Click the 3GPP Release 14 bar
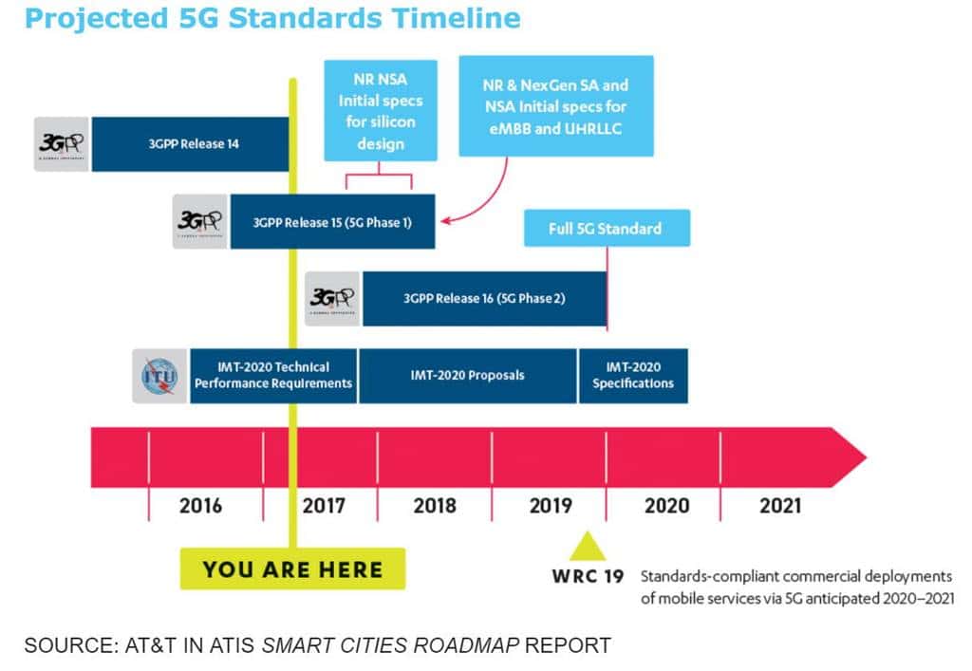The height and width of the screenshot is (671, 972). (x=189, y=144)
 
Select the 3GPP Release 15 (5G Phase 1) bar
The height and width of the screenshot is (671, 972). (x=331, y=222)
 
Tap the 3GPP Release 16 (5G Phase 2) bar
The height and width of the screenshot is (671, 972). (x=483, y=299)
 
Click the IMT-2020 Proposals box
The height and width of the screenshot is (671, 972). (x=467, y=376)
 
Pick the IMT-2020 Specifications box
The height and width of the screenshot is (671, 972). (x=633, y=376)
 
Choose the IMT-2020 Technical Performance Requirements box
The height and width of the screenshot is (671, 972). (x=273, y=376)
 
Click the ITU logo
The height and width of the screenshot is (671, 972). (x=159, y=376)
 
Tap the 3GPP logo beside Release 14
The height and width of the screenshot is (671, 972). (x=62, y=144)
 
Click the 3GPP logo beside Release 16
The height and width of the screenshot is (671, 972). (x=332, y=299)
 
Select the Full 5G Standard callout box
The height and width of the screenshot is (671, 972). (x=606, y=229)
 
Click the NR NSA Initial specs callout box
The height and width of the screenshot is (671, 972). (x=380, y=110)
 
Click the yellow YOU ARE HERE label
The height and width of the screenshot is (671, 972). (x=292, y=569)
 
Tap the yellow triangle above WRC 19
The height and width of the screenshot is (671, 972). (x=587, y=547)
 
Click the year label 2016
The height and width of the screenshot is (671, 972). (x=200, y=506)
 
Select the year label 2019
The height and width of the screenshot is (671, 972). (x=551, y=506)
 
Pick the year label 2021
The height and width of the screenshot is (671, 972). (x=780, y=506)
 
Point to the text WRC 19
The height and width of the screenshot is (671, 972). (x=587, y=576)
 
